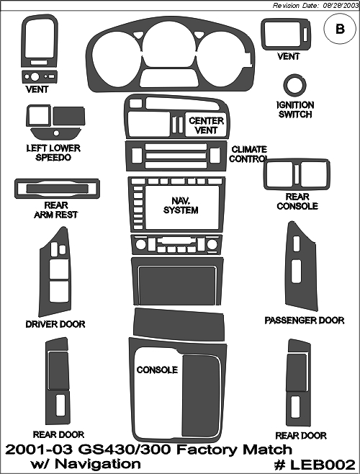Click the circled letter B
[340, 29]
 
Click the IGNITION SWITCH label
[295, 109]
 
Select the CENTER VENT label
[206, 125]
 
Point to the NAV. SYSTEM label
[181, 205]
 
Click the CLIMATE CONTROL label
[248, 154]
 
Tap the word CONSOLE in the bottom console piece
[157, 370]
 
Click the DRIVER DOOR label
[55, 324]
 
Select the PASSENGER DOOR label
[305, 321]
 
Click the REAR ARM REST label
[56, 210]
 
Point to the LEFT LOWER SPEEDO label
[53, 153]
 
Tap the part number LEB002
[315, 465]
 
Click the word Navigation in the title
[98, 463]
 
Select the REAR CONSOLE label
[297, 201]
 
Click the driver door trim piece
[42, 272]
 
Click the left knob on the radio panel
[140, 244]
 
